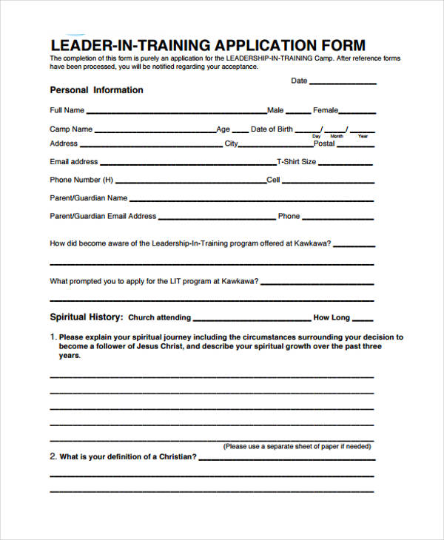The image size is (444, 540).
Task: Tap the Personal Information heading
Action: (x=96, y=90)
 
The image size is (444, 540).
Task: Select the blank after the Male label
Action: (x=297, y=112)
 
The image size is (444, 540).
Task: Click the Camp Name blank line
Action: (x=155, y=131)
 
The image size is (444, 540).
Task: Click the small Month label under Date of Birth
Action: (x=337, y=137)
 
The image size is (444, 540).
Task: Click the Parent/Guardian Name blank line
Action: (x=252, y=200)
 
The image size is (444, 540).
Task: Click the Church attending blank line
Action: (x=252, y=320)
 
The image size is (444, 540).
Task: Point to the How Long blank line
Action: (x=363, y=320)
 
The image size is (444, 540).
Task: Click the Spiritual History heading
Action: (x=86, y=317)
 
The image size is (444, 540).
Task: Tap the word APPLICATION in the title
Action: (x=260, y=45)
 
